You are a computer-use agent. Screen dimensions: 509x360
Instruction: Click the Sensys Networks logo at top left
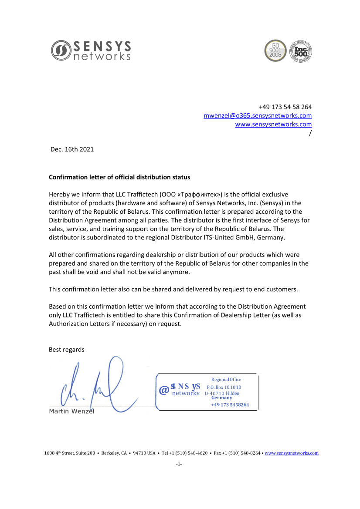[x=91, y=51]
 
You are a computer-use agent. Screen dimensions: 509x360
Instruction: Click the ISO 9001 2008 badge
[x=275, y=51]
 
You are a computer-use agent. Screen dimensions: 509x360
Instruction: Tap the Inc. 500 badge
[x=301, y=51]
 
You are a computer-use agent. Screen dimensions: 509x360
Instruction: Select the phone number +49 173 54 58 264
[x=285, y=107]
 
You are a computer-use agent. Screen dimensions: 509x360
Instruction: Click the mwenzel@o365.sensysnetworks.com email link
[x=258, y=116]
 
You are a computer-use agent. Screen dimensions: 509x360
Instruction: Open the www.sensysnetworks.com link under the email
[x=273, y=125]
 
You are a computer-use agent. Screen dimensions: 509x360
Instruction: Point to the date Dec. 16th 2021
[x=72, y=149]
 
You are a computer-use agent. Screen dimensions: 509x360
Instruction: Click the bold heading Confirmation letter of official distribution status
[x=119, y=177]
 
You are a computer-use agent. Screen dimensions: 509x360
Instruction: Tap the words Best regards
[x=67, y=350]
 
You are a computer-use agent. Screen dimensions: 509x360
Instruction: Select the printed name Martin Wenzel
[x=71, y=411]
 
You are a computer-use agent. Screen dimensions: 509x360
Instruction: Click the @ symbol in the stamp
[x=164, y=390]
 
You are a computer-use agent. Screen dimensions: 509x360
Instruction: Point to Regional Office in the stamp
[x=226, y=380]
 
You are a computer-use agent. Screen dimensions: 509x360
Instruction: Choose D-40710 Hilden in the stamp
[x=222, y=394]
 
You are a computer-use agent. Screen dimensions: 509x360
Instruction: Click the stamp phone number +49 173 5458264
[x=230, y=405]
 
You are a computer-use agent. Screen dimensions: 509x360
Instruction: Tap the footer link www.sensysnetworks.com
[x=291, y=453]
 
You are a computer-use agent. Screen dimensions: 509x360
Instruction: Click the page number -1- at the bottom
[x=179, y=465]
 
